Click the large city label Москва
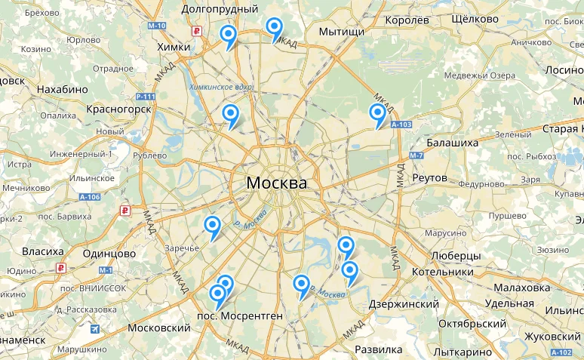tap(277, 183)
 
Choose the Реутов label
tap(431, 178)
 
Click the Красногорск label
tap(119, 109)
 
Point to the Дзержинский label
tap(404, 303)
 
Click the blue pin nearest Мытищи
tap(275, 29)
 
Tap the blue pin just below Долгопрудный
tap(228, 35)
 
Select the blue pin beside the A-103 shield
tap(377, 114)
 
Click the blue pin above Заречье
tap(213, 226)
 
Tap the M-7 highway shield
tap(416, 156)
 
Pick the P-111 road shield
tap(146, 97)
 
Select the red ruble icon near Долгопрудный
tap(197, 32)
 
